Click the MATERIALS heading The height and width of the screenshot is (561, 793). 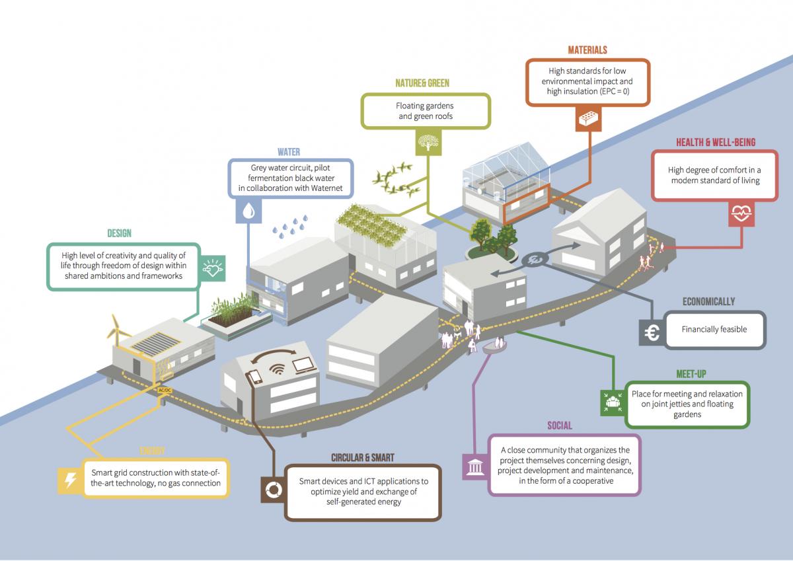coord(587,50)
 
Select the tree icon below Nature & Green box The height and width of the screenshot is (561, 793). coord(426,140)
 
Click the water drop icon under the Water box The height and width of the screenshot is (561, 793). coord(248,210)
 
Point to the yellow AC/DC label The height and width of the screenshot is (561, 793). coord(165,391)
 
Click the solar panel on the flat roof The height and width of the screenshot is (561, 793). coord(156,342)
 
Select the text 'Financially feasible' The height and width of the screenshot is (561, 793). coord(714,329)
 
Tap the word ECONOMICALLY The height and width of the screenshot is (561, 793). coord(708,301)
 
